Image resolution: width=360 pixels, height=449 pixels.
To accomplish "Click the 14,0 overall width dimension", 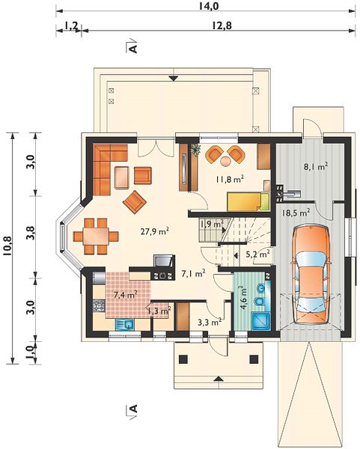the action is pos(209,6).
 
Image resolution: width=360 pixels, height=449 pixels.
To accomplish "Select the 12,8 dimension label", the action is pos(222,25).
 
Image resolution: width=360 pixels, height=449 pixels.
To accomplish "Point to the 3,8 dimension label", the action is pos(31,233).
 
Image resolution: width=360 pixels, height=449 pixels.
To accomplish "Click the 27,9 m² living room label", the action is pos(154,231).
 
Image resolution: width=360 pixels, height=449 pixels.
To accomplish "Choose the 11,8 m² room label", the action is pos(230,180).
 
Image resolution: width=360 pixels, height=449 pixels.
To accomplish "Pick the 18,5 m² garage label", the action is pos(296,213).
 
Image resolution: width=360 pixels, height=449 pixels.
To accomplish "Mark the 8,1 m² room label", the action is pos(316,166).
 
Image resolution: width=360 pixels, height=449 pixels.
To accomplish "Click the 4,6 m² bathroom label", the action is pos(244,297).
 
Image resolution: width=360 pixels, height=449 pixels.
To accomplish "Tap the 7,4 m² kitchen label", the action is pos(126,294).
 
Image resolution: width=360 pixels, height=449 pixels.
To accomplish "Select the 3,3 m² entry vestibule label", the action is pos(210,322).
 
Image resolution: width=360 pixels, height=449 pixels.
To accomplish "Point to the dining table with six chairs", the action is pos(96,236).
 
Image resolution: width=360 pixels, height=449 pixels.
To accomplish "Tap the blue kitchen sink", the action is pos(124,325).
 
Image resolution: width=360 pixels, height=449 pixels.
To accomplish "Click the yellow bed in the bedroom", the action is pos(248,201).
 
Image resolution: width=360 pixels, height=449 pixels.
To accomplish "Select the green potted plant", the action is pos(196,149).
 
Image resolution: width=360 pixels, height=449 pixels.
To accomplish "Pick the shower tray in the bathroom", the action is pos(260,322).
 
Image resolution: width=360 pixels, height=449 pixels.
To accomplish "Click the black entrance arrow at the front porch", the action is pos(219,379).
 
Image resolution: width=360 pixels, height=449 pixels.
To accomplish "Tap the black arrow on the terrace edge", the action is pos(174,78).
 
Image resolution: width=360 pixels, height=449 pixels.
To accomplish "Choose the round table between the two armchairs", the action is pos(226,161).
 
